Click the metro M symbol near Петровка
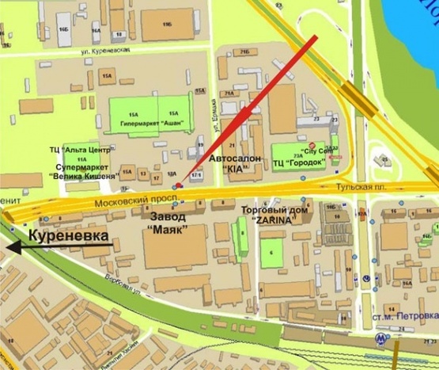(383, 337)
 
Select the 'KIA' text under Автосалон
(233, 169)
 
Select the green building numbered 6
(273, 252)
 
